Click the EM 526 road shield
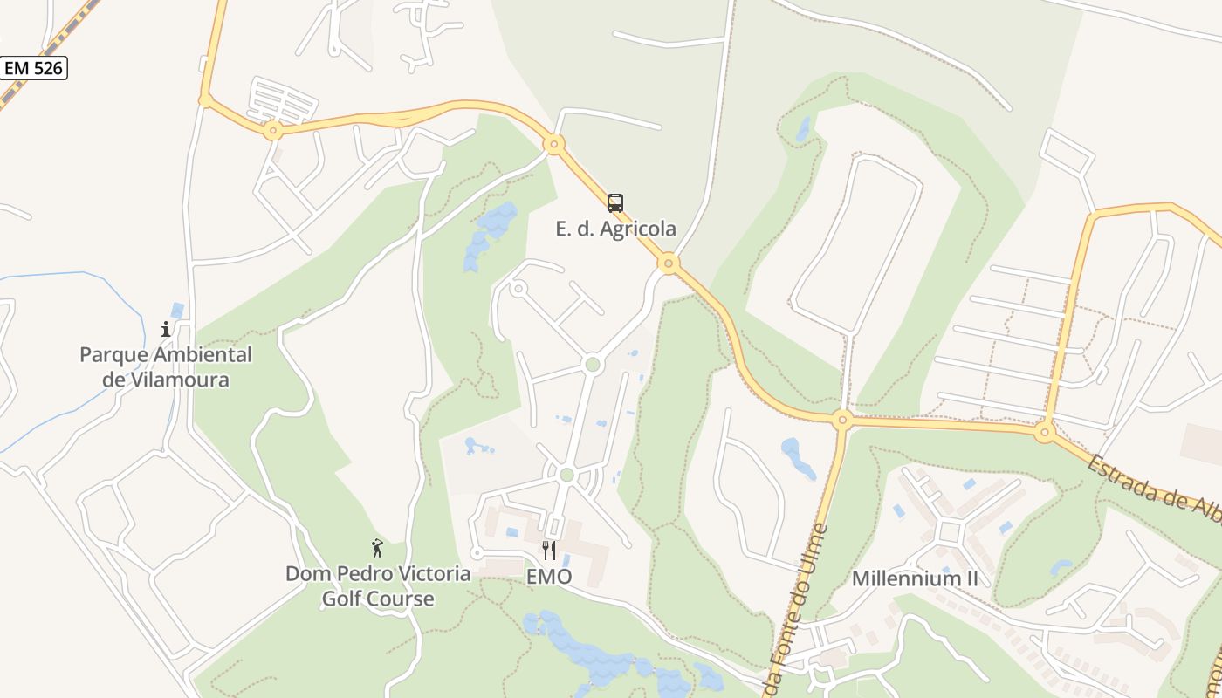[x=34, y=67]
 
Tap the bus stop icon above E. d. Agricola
[x=615, y=203]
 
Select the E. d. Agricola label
[x=615, y=229]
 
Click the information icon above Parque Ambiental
[x=166, y=329]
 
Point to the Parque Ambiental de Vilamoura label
[x=166, y=367]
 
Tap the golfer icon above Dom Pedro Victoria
[x=377, y=548]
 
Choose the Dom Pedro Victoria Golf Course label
[x=378, y=586]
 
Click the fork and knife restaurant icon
[x=549, y=550]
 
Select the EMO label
[x=549, y=577]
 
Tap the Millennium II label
[x=915, y=578]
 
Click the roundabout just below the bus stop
[x=669, y=263]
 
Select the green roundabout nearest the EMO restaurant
[x=566, y=475]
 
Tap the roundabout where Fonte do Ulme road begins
[x=842, y=420]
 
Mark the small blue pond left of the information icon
[x=178, y=311]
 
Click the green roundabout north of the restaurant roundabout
[x=594, y=364]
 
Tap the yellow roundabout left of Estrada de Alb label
[x=1045, y=431]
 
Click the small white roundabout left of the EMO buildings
[x=477, y=552]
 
